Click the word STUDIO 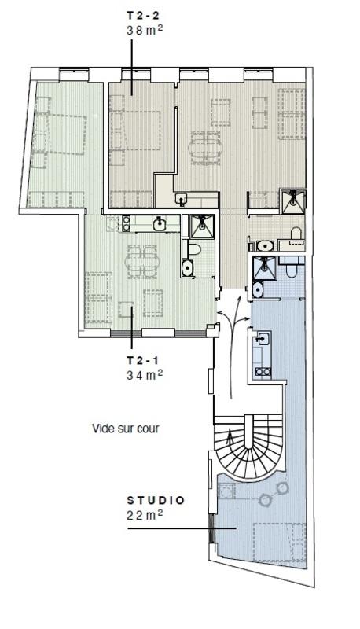point(156,499)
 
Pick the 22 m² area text point(145,515)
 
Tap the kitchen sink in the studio point(262,340)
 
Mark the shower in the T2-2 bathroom point(295,200)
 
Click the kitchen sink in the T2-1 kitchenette point(160,224)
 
